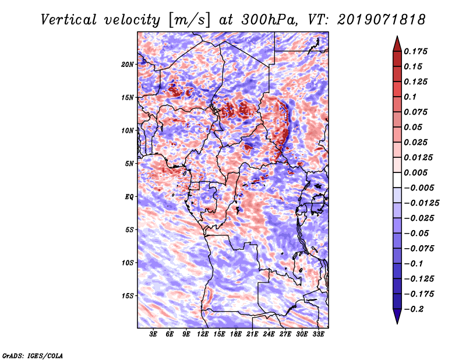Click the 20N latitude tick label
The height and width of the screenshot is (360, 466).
tap(128, 64)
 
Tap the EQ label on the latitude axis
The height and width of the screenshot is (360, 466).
tap(129, 197)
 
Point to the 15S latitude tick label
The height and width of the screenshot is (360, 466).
tap(128, 296)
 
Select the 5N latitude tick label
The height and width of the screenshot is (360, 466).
tap(129, 164)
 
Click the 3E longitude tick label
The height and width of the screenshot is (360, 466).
tap(154, 335)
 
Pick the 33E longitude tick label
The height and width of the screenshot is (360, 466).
tap(318, 335)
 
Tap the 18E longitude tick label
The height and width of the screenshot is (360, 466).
tap(236, 335)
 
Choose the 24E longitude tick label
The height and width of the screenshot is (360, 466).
tap(269, 335)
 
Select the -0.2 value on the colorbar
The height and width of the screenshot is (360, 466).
tap(416, 309)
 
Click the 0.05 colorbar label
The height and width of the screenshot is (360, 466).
tap(415, 127)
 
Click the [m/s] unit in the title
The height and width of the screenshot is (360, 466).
tap(188, 20)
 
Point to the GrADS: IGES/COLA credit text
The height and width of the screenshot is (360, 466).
tap(32, 355)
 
